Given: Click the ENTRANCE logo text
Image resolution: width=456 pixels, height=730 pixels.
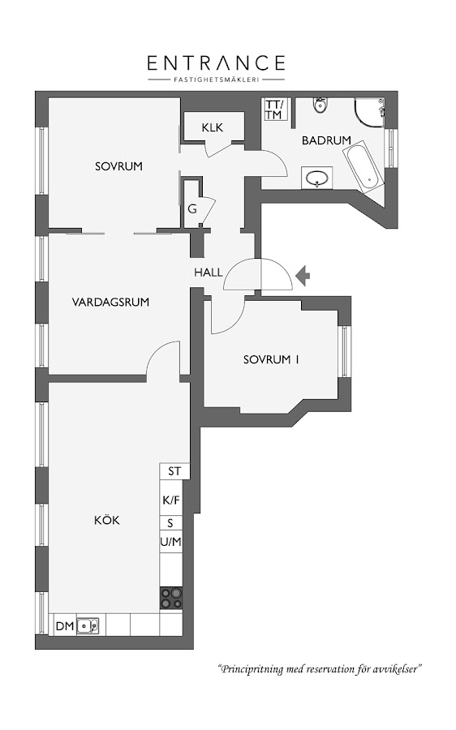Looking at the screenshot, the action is pos(216,62).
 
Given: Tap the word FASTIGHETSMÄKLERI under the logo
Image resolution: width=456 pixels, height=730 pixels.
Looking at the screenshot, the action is pos(216,79).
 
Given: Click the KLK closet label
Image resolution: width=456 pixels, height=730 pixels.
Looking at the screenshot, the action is pos(213,127).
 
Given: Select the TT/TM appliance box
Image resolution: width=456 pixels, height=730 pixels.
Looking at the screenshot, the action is pos(274,109).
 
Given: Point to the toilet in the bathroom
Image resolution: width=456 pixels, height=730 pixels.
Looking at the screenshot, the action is pos(320,105).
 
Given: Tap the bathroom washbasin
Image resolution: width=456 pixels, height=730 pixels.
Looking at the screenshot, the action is pos(317,178).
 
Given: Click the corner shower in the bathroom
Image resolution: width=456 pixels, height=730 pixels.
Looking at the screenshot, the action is pos(370,112).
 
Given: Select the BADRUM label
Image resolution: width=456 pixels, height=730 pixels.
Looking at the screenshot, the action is pos(326,140).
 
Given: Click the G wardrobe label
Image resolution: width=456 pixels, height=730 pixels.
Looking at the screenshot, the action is pos(192,209).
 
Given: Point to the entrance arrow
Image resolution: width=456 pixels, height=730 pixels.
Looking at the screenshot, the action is pos(303,275).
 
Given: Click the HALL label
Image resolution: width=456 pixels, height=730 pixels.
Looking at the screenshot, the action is pos(209,273).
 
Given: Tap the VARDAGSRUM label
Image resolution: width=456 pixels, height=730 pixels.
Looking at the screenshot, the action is pos(111,303).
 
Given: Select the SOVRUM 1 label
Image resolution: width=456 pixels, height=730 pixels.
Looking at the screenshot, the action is pos(271,359).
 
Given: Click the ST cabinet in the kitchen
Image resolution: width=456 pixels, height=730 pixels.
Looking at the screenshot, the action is pos(174,471).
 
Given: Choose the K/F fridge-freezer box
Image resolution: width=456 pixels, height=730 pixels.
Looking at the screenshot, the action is pos(171,500).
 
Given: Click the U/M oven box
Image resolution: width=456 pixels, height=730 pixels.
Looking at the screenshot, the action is pos(171,542).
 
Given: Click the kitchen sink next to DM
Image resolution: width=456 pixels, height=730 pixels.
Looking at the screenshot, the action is pos(88,625).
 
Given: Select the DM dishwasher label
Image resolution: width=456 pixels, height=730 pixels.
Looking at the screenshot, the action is pos(65,626).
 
